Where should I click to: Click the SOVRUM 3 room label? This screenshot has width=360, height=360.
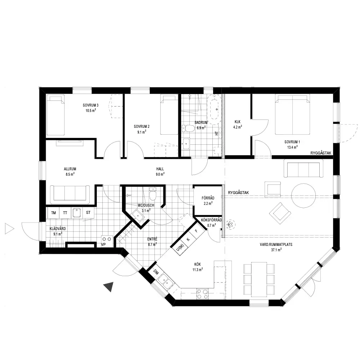(x=91, y=105)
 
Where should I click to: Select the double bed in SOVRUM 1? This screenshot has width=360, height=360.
(x=292, y=114)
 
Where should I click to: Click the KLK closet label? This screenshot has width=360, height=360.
(x=238, y=122)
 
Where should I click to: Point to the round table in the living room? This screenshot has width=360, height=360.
(x=303, y=195)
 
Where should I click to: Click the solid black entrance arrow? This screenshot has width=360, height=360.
(x=109, y=286)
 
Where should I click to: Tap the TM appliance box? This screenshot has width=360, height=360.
(x=54, y=213)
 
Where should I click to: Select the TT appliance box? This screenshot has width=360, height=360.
(x=65, y=213)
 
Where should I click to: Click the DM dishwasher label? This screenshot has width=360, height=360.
(x=156, y=272)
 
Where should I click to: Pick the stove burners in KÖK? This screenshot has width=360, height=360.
(x=202, y=294)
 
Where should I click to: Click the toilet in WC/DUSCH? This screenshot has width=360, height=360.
(x=152, y=194)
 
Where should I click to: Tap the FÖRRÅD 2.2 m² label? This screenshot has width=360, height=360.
(x=208, y=201)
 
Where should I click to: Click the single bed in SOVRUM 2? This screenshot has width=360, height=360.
(x=169, y=114)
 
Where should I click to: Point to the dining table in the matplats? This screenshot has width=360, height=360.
(x=259, y=279)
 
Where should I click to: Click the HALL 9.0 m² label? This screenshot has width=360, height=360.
(x=160, y=171)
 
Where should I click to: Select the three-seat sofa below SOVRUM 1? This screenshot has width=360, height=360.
(x=303, y=168)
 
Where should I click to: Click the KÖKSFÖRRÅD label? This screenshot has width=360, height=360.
(x=211, y=220)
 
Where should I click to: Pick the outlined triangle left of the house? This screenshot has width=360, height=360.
(x=9, y=229)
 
